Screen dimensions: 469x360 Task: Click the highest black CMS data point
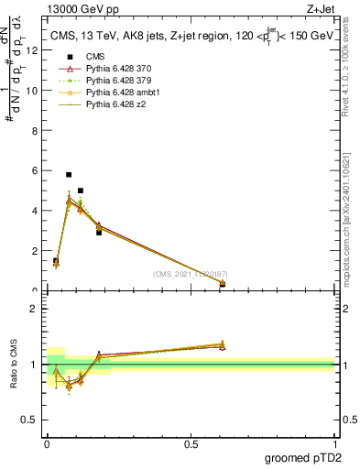click(x=69, y=174)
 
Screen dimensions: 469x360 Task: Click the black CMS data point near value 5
click(x=81, y=191)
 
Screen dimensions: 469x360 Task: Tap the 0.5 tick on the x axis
click(x=191, y=444)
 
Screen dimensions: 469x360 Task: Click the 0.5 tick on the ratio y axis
click(x=31, y=420)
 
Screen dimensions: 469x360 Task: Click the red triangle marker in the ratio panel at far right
click(x=223, y=346)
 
